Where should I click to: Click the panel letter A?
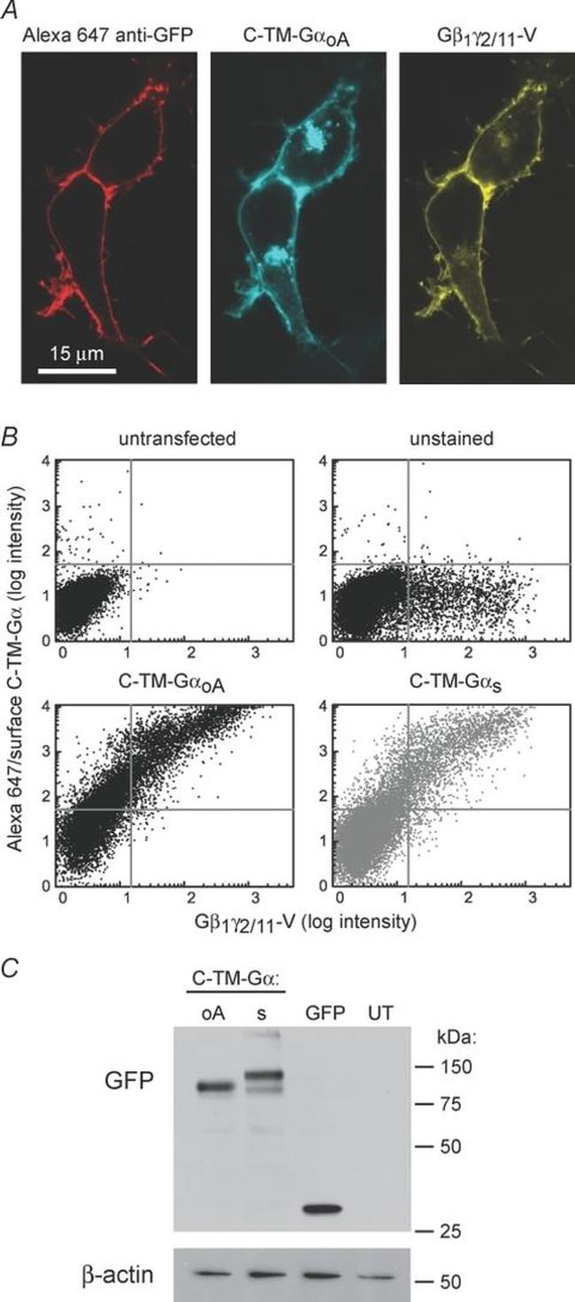point(12,11)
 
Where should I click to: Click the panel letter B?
point(12,437)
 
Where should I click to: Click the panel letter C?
point(13,969)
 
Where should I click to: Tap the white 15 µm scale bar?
point(76,370)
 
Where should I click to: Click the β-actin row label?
point(95,1275)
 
